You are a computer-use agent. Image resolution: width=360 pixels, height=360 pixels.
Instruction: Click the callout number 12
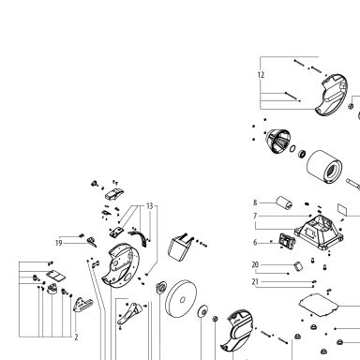(x=261, y=75)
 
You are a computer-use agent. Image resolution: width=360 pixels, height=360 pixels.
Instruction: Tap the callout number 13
(x=150, y=206)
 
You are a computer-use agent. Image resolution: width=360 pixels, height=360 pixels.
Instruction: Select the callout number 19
(x=59, y=243)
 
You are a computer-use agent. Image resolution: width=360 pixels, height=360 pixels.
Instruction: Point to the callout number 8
(x=255, y=202)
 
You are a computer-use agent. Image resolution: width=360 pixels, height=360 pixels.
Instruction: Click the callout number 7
(x=255, y=216)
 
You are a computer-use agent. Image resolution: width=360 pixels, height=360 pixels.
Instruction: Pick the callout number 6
(x=255, y=243)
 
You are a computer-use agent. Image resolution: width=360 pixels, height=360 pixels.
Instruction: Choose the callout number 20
(x=255, y=265)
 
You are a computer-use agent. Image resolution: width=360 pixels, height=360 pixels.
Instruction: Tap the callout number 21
(x=255, y=282)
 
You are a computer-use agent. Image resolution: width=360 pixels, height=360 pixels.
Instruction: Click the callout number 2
(x=76, y=337)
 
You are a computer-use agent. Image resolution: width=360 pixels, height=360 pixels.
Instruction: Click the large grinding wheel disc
(x=181, y=299)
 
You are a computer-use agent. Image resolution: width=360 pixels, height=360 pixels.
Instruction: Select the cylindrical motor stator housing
(x=324, y=167)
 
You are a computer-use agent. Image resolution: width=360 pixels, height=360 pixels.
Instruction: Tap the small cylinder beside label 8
(x=284, y=202)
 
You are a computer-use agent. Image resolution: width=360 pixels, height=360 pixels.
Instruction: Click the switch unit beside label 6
(x=288, y=241)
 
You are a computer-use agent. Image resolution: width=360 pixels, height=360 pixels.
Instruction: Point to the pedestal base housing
(x=319, y=232)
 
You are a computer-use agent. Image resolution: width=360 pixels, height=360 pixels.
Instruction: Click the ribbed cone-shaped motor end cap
(x=277, y=142)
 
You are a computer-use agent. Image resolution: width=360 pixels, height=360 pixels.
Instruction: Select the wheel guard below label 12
(x=331, y=95)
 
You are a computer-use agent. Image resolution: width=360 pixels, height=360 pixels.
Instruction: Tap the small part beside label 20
(x=298, y=266)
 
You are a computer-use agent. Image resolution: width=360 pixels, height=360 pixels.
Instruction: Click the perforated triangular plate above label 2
(x=82, y=305)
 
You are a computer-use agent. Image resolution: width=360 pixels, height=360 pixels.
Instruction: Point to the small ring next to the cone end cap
(x=292, y=148)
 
